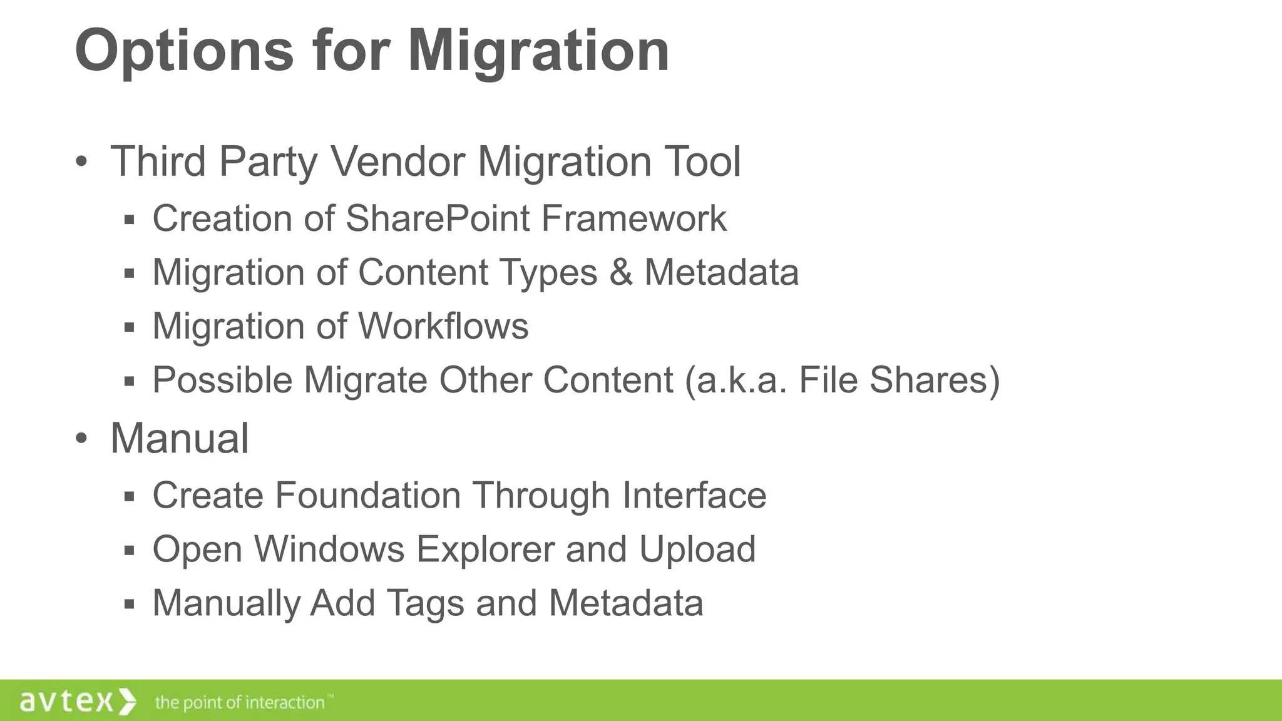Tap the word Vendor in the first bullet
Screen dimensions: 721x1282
(x=397, y=161)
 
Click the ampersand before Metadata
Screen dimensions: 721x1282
(x=620, y=272)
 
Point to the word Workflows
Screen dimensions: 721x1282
(x=443, y=326)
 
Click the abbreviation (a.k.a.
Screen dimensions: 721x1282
(x=736, y=380)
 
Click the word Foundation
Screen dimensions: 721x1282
(x=368, y=496)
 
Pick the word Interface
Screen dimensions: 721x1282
(x=694, y=496)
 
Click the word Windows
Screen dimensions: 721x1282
(x=329, y=550)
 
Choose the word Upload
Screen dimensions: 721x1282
(x=697, y=550)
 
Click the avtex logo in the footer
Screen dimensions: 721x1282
(x=78, y=701)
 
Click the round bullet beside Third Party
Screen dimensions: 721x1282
(x=81, y=162)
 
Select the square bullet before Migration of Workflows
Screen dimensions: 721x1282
(x=130, y=327)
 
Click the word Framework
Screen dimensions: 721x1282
(x=633, y=218)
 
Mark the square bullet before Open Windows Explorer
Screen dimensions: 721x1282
(x=130, y=551)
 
